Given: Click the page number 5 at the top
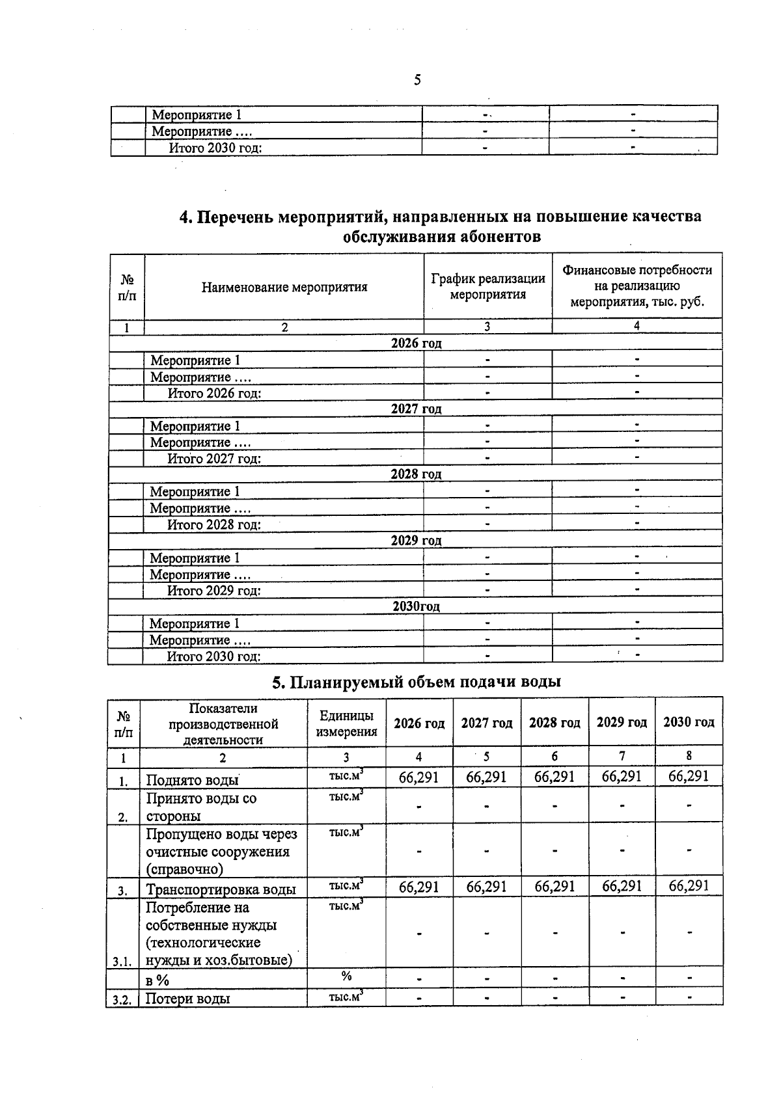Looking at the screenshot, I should (x=417, y=80).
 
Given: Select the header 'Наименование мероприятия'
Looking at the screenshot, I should (x=284, y=287).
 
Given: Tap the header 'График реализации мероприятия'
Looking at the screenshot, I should (x=487, y=286).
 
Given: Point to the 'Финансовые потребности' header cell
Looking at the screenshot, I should (x=637, y=286).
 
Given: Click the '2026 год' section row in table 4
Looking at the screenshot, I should (x=416, y=343).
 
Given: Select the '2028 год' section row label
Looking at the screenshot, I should (x=416, y=474).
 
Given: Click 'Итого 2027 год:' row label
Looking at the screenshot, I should (x=214, y=459).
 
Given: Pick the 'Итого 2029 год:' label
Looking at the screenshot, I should (x=214, y=591).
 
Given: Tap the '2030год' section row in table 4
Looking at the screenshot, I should (x=416, y=606).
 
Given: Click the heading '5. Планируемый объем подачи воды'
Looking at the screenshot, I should (x=416, y=682).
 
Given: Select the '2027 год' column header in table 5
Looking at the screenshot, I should (x=486, y=723).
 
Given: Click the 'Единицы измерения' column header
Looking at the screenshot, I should (x=346, y=723).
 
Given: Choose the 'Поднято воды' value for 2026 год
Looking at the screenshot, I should (x=418, y=777).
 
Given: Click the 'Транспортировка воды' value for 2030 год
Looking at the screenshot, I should (x=689, y=886).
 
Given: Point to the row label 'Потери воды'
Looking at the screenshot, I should (x=187, y=999).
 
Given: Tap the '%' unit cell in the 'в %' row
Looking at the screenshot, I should (x=346, y=976).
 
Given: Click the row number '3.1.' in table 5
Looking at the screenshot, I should (x=122, y=961).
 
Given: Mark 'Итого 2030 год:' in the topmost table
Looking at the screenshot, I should (x=215, y=148).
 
